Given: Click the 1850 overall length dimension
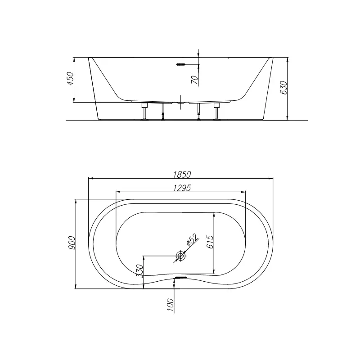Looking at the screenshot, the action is [182, 175].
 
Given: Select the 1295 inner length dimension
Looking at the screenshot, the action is [182, 188].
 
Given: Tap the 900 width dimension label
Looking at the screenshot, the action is [72, 243].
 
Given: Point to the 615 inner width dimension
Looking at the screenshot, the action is [210, 242].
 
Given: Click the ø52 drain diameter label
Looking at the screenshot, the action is [192, 240].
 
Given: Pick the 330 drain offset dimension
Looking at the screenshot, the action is [139, 271].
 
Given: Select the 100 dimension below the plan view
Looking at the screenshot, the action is [170, 305].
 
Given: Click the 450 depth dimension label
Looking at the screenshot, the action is [70, 78].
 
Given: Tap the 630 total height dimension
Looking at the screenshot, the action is [283, 87].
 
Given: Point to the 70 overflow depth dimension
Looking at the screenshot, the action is [195, 80].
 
